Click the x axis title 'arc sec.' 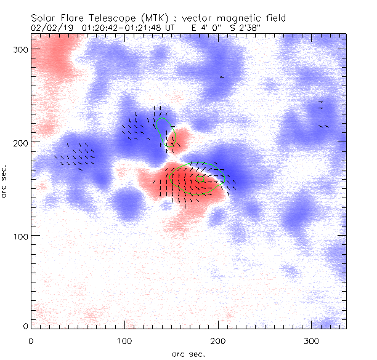188,354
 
